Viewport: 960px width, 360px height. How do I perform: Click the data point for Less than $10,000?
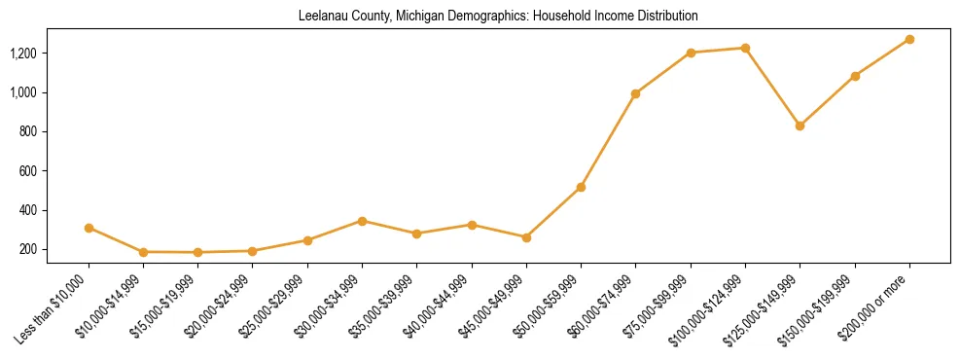point(89,228)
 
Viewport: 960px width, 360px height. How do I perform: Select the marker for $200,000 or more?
point(909,39)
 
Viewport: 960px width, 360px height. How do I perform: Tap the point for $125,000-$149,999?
point(800,126)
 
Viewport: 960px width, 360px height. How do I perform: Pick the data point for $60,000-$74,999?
point(635,93)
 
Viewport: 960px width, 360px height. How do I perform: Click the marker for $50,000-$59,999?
point(581,187)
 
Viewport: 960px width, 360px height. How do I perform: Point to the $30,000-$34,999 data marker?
point(362,221)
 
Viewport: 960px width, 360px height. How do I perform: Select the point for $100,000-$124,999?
point(745,48)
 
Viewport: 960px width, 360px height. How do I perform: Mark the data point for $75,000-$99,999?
point(691,53)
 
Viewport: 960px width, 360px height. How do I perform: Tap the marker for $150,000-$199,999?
point(855,76)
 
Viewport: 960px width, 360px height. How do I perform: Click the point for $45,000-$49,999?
point(526,237)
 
